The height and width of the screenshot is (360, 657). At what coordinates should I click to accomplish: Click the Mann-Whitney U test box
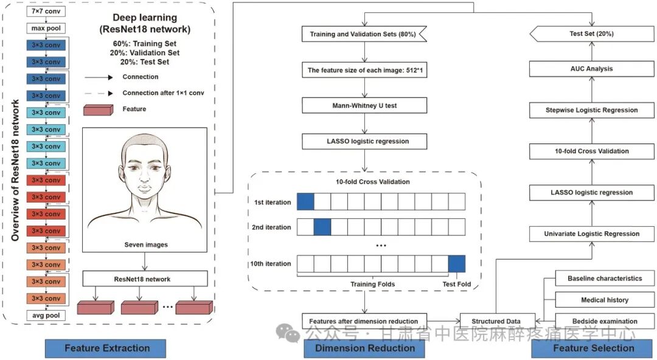tap(365, 105)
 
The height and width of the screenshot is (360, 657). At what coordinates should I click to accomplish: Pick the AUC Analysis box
tap(592, 69)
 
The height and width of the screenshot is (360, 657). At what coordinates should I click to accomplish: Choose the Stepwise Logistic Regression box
tap(592, 110)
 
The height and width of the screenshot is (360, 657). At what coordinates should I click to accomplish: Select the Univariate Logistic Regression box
tap(592, 234)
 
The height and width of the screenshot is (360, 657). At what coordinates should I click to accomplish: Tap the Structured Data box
tap(496, 321)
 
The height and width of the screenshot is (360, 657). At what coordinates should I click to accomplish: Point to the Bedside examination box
tap(605, 321)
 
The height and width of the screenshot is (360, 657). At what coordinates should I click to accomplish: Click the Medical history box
tap(605, 300)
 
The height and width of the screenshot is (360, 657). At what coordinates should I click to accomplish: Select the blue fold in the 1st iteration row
tap(305, 202)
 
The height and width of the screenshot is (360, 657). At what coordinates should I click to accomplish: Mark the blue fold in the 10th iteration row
tap(456, 264)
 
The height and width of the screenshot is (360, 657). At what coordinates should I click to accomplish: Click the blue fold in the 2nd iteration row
tap(322, 227)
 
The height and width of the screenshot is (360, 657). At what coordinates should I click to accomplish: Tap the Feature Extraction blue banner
tap(106, 348)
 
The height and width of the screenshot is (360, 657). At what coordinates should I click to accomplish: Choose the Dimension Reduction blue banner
tap(365, 348)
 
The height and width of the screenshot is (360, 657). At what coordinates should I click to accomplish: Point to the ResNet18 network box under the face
tap(144, 279)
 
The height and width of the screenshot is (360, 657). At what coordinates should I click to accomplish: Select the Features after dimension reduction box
tap(364, 321)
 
